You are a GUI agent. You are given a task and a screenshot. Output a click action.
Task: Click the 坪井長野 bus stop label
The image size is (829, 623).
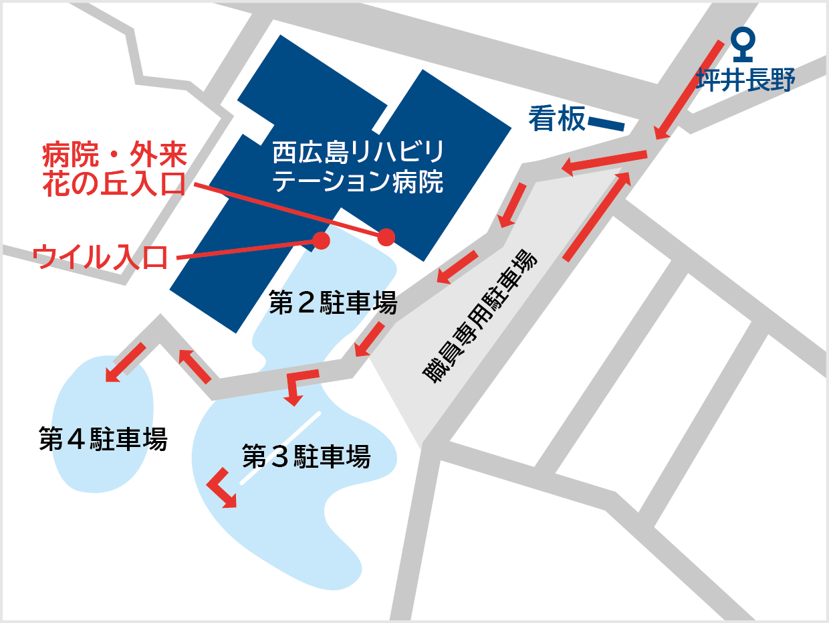coord(745,80)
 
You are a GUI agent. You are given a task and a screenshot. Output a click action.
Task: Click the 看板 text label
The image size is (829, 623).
coord(557,119)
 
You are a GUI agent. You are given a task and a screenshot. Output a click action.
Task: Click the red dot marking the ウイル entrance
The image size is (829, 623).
coord(322,240)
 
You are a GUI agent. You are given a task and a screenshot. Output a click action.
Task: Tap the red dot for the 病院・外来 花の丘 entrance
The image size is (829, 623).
coord(386,237)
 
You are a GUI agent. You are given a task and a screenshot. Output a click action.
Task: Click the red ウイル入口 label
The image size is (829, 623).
coord(100,257)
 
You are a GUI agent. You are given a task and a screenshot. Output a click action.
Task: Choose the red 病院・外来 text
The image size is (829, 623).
coord(114,156)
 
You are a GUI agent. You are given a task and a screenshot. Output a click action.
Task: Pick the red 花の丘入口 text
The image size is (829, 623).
coord(114,183)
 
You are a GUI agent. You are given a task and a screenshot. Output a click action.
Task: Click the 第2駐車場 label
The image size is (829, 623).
coord(333,302)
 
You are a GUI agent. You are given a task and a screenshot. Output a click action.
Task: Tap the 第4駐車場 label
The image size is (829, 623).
coord(103,440)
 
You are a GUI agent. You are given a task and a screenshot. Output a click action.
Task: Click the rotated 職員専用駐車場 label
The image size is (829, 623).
coord(480,317)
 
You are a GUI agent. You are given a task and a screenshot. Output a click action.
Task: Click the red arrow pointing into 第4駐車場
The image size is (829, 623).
coord(125,362)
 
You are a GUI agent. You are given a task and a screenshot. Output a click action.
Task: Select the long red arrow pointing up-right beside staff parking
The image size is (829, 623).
coord(597,215)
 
